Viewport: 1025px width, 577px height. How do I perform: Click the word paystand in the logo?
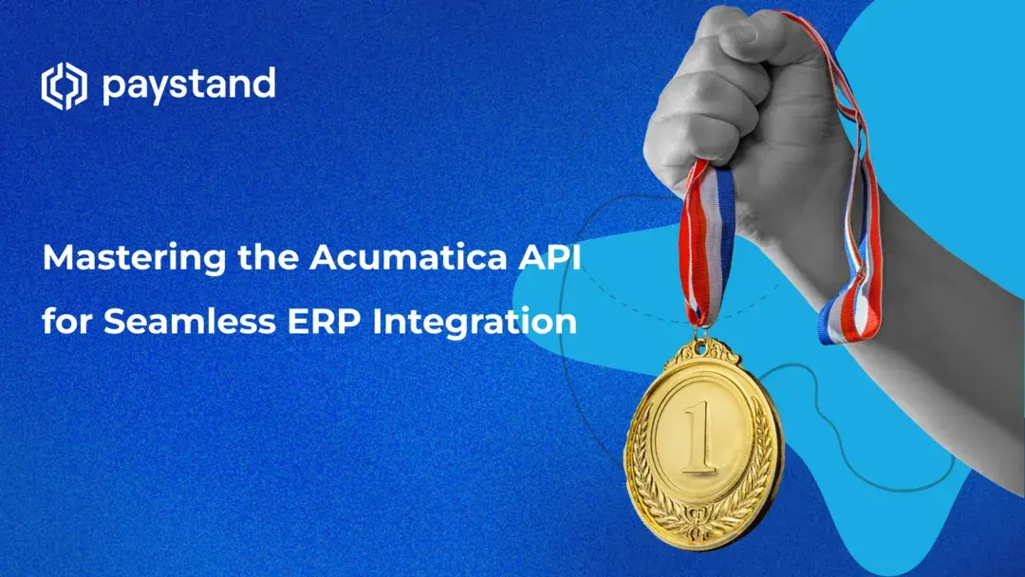[x=188, y=86]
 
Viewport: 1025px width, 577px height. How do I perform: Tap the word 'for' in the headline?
[x=67, y=321]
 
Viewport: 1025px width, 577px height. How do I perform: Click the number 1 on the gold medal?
[x=703, y=438]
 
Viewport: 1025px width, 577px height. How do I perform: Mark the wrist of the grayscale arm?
[x=859, y=247]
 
